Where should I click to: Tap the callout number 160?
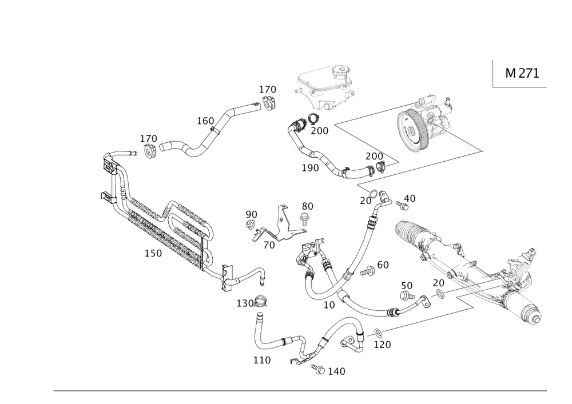pyautogui.click(x=205, y=121)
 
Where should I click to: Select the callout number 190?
pyautogui.click(x=310, y=167)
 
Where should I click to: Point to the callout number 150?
pyautogui.click(x=153, y=253)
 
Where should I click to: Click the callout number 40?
pyautogui.click(x=409, y=198)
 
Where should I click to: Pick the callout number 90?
pyautogui.click(x=251, y=214)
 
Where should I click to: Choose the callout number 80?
pyautogui.click(x=307, y=205)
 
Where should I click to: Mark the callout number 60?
pyautogui.click(x=382, y=265)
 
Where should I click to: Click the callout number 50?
pyautogui.click(x=406, y=285)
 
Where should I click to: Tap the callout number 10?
pyautogui.click(x=328, y=305)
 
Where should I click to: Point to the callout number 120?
pyautogui.click(x=382, y=345)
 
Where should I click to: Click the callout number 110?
pyautogui.click(x=261, y=360)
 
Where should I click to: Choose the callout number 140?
pyautogui.click(x=336, y=371)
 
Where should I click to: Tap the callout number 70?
pyautogui.click(x=366, y=201)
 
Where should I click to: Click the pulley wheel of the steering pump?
pyautogui.click(x=410, y=131)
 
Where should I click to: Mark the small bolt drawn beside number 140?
pyautogui.click(x=317, y=368)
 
